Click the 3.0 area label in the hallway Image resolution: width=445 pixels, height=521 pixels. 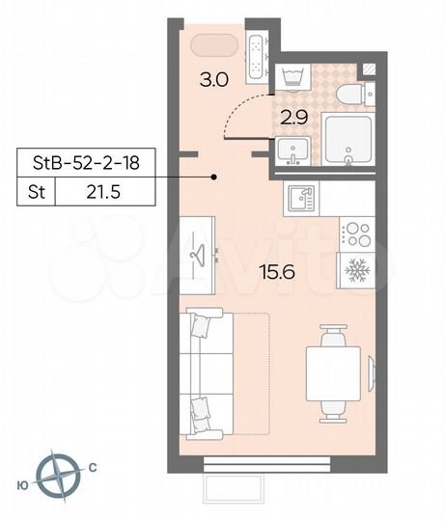[214, 80]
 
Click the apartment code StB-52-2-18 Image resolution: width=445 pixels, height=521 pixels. [86, 163]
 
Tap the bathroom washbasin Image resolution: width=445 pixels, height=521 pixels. [292, 151]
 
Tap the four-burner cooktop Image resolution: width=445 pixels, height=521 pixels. [357, 234]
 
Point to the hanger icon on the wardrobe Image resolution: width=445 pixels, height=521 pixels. [200, 252]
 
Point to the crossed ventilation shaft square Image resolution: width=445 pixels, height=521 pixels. [370, 69]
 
